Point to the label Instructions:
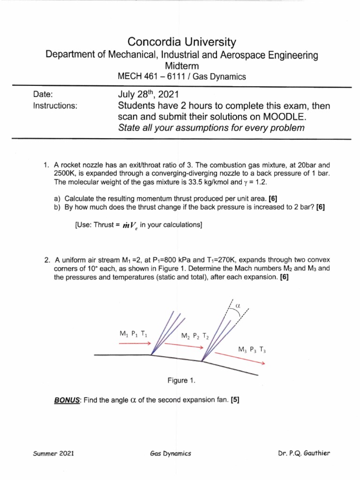pyautogui.click(x=55, y=106)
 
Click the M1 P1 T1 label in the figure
pyautogui.click(x=134, y=334)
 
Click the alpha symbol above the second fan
pyautogui.click(x=237, y=305)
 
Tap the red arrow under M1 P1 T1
pyautogui.click(x=135, y=343)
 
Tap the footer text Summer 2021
pyautogui.click(x=53, y=454)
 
